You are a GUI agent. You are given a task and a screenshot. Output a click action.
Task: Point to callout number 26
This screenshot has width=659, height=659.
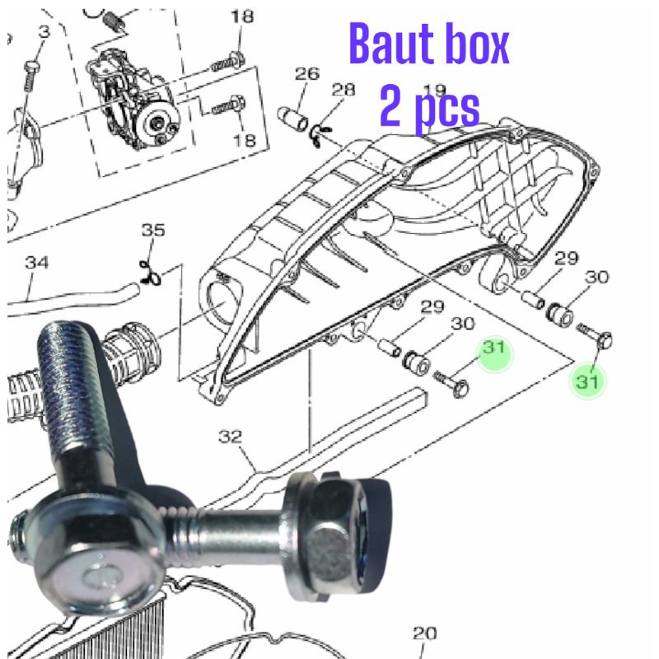(306, 75)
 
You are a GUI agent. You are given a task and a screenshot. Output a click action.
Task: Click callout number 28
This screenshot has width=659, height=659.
(344, 89)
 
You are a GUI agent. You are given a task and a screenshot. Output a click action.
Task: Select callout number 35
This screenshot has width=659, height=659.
(152, 230)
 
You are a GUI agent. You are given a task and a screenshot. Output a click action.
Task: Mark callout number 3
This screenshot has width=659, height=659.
(44, 31)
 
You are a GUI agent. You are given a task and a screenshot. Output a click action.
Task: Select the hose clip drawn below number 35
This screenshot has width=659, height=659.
(149, 271)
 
